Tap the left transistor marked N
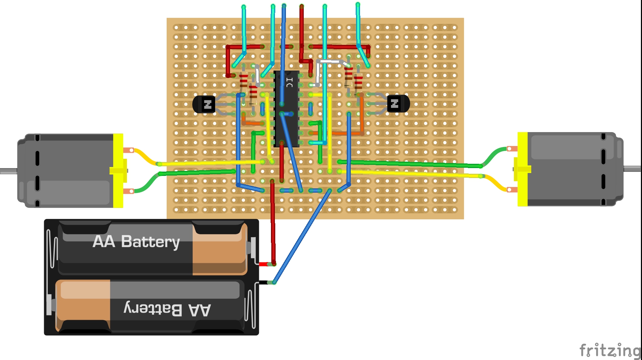pos(204,104)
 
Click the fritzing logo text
pos(610,350)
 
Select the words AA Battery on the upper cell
pos(136,242)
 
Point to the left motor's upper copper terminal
pos(129,150)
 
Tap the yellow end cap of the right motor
pos(522,169)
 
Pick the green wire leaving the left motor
pos(196,173)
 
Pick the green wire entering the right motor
pos(427,164)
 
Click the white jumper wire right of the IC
pos(329,62)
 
